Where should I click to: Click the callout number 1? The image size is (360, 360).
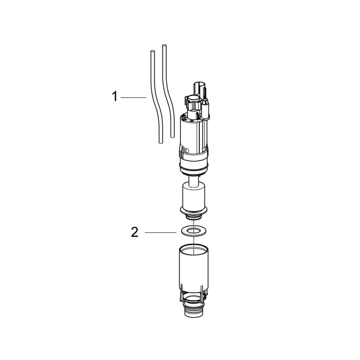coord(114,97)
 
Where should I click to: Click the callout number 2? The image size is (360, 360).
coord(134,232)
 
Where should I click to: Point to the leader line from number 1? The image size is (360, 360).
coord(134,97)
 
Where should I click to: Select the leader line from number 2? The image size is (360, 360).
coord(161,232)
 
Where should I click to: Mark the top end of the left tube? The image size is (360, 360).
coord(152,52)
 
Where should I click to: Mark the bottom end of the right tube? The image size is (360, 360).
coord(171,136)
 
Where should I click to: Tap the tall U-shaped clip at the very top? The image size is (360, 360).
coord(199,88)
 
